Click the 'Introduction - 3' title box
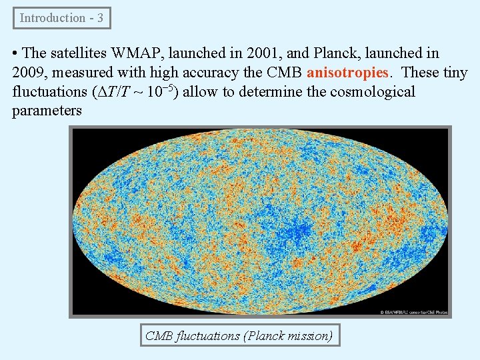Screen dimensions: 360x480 click(x=61, y=18)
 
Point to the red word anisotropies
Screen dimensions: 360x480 click(x=347, y=72)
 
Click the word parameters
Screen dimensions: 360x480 click(x=47, y=111)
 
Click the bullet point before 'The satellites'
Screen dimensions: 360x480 click(x=15, y=53)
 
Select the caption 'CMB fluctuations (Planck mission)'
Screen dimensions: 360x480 click(x=239, y=335)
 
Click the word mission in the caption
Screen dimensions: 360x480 click(x=306, y=335)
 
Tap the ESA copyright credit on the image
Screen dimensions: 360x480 click(x=413, y=311)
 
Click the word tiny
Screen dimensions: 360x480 click(x=455, y=72)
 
